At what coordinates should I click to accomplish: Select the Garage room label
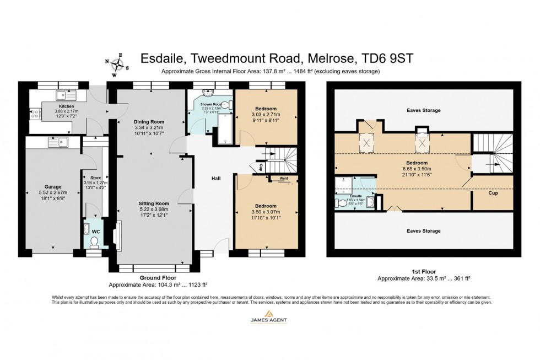(53, 186)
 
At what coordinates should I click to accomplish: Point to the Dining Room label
(149, 121)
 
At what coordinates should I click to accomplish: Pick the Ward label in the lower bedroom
(283, 179)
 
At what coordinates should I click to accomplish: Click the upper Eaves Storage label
(423, 110)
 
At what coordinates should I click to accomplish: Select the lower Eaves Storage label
(423, 231)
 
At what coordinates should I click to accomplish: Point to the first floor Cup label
(493, 194)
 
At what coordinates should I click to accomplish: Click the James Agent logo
(270, 316)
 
